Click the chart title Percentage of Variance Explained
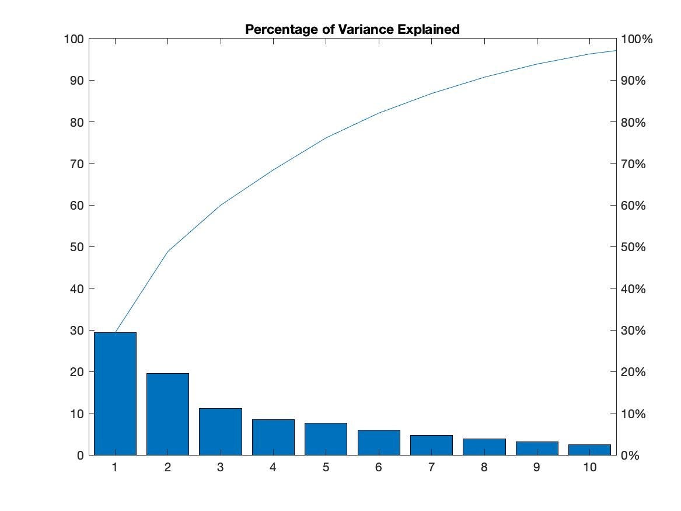352,29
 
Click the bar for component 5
326,439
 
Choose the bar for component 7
431,445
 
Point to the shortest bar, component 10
589,450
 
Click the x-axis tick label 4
273,468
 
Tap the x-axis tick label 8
484,468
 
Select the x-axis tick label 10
589,468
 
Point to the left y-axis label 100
75,39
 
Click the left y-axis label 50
78,247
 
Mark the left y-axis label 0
81,456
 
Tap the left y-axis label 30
78,331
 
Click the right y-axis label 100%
637,39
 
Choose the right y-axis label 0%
631,456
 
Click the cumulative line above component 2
167,252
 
